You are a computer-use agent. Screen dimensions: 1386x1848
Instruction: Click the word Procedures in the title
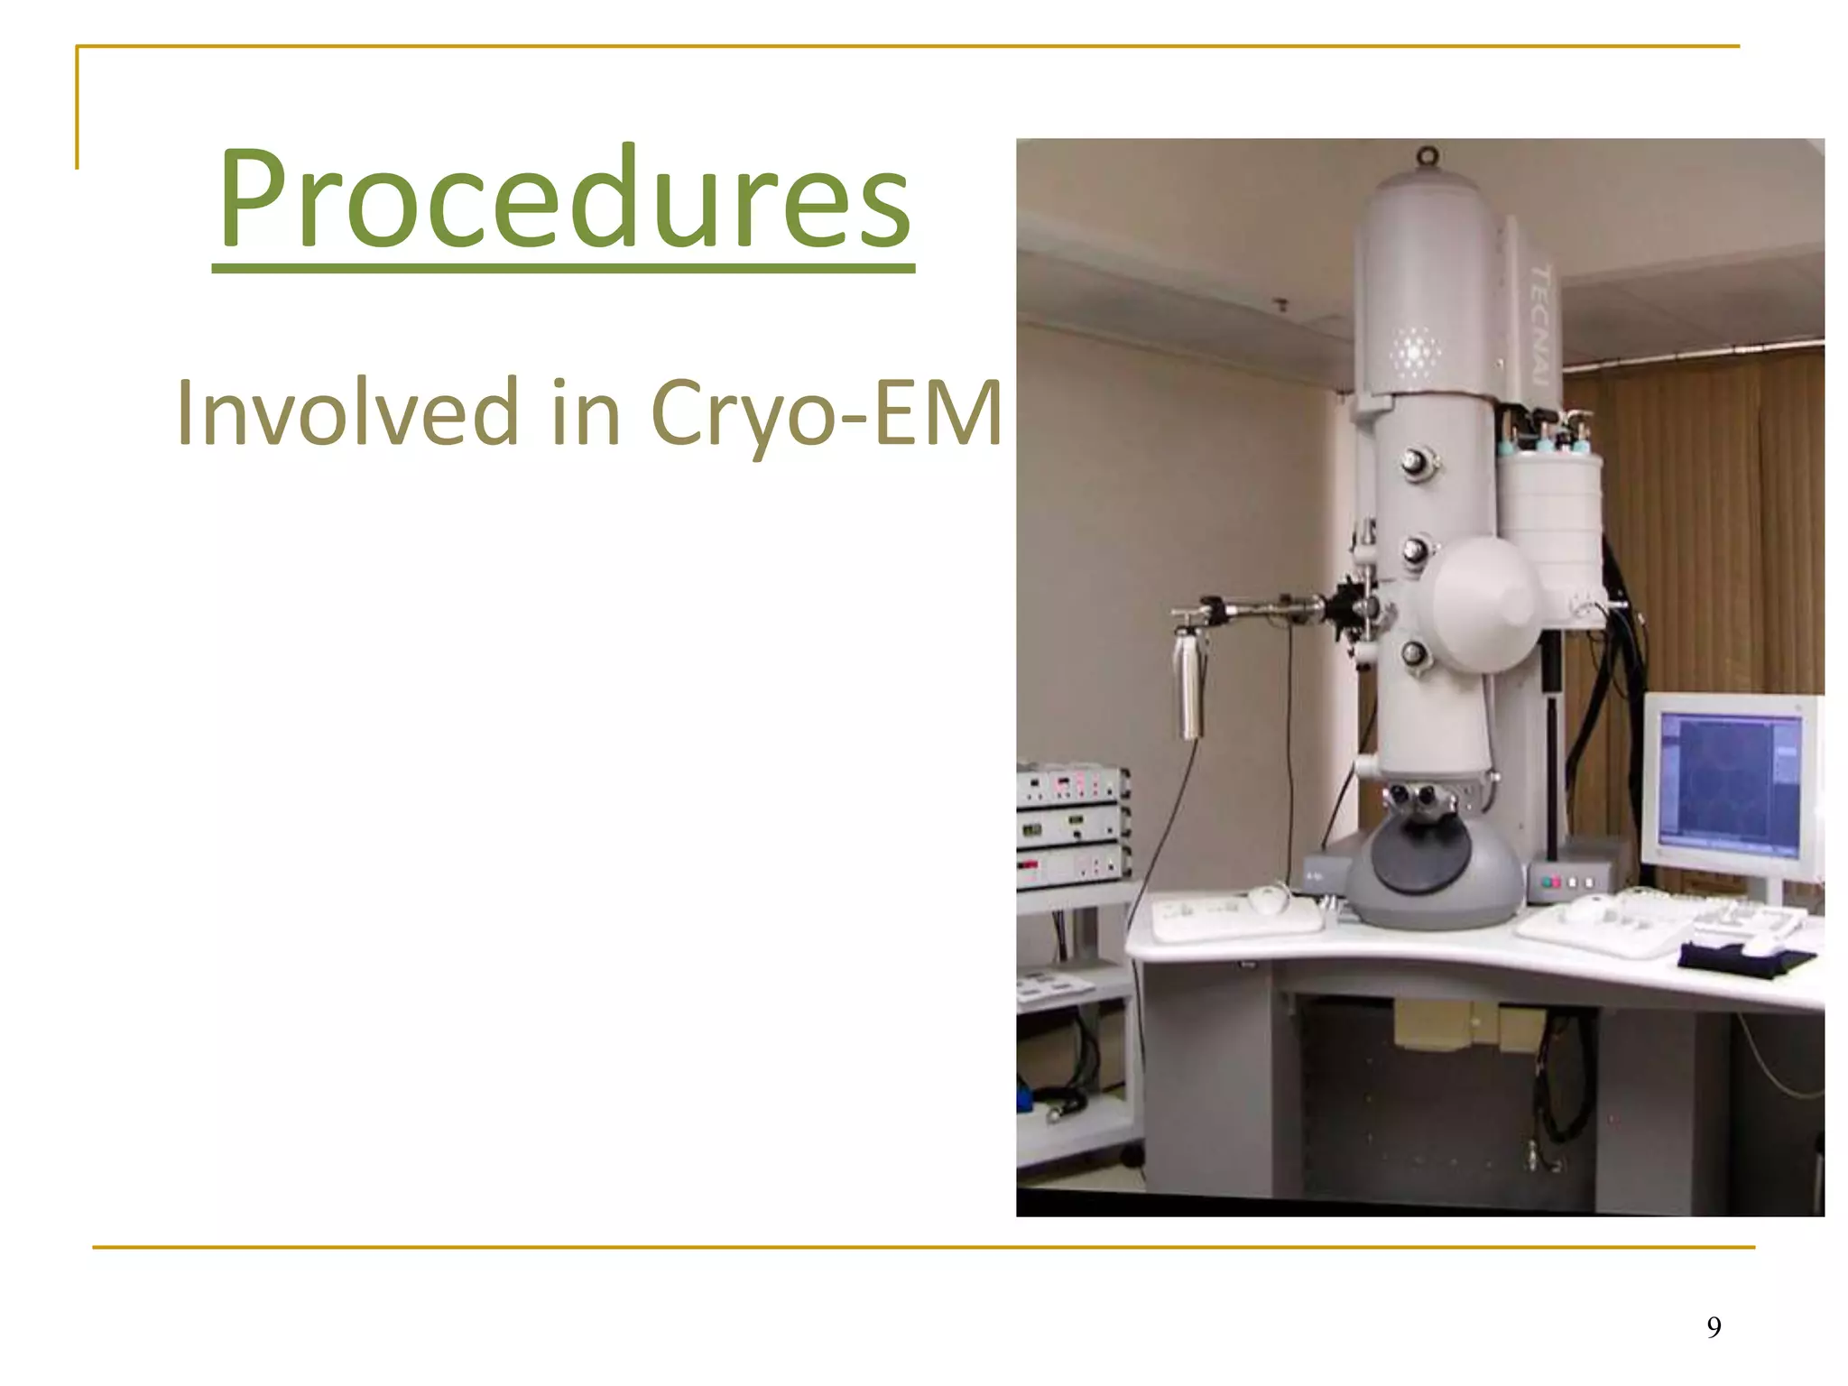(x=564, y=199)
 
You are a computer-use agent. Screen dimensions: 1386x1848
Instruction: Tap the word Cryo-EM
(x=825, y=413)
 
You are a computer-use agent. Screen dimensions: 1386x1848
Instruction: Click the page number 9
(x=1714, y=1326)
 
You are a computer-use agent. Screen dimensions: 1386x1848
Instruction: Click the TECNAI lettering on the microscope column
(x=1539, y=325)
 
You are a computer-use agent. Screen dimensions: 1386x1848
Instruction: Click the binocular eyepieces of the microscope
(x=1410, y=796)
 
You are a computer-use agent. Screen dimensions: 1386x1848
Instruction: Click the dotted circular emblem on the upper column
(x=1414, y=352)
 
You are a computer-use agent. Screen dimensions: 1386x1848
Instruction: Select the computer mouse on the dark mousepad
(x=1760, y=946)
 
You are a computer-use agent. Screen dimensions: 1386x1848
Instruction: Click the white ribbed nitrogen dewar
(x=1550, y=513)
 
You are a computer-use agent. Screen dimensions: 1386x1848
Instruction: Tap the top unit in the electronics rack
(x=1071, y=785)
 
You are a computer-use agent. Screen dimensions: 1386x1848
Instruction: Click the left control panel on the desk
(x=1236, y=913)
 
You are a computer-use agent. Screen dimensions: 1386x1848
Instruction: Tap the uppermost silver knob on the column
(x=1414, y=463)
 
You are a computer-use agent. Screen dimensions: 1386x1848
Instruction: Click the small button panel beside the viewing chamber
(x=1568, y=881)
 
